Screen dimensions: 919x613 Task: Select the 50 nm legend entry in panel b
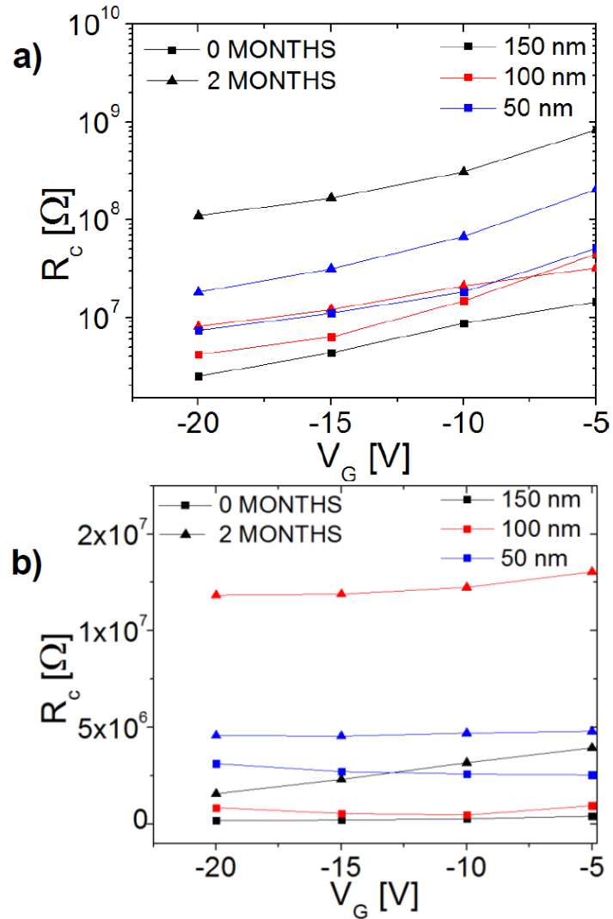[537, 558]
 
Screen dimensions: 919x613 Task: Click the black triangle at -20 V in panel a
[199, 215]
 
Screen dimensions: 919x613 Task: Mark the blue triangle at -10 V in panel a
[464, 235]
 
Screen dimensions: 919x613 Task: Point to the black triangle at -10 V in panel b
[467, 762]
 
